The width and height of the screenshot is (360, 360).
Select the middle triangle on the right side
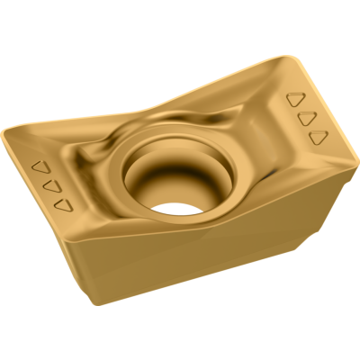pyautogui.click(x=306, y=118)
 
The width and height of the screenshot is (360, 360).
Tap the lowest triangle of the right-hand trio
pyautogui.click(x=316, y=137)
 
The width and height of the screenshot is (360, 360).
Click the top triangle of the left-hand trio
pyautogui.click(x=40, y=166)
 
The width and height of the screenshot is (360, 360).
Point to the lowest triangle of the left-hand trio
pyautogui.click(x=61, y=204)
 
